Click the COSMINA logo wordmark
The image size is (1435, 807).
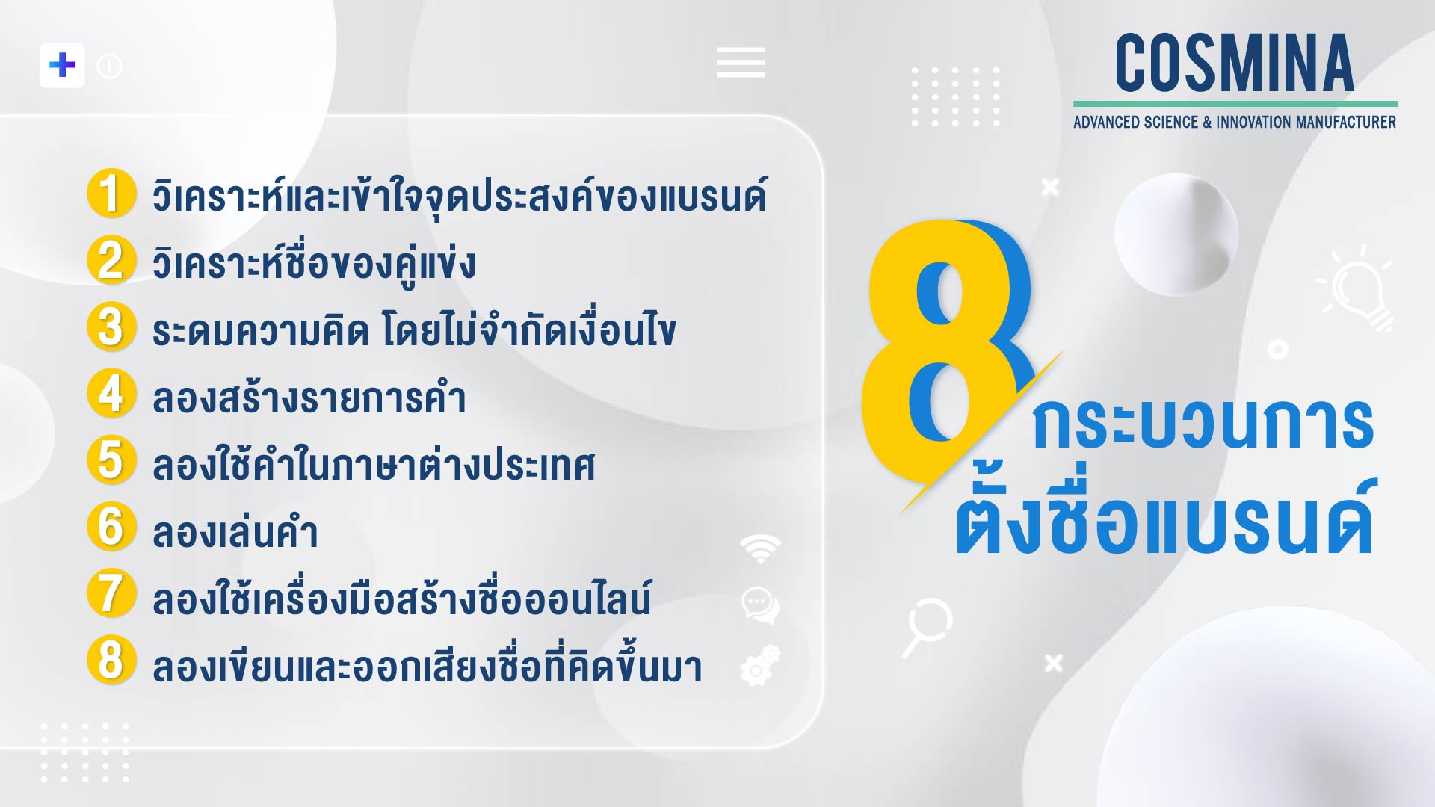[x=1235, y=64]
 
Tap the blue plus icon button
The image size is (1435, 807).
[x=62, y=65]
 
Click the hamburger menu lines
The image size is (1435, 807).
[x=741, y=62]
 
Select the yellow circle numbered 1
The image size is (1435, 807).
[x=111, y=194]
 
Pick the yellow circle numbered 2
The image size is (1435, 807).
[x=111, y=260]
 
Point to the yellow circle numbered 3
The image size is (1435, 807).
[x=111, y=327]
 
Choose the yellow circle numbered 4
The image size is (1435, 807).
[x=111, y=393]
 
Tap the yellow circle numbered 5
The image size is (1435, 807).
[x=111, y=460]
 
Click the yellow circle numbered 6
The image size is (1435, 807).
[x=111, y=526]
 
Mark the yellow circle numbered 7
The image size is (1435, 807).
[x=111, y=593]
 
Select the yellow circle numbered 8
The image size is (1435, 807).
[x=111, y=660]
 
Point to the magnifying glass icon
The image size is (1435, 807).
[x=926, y=626]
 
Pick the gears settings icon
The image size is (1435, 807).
[x=760, y=665]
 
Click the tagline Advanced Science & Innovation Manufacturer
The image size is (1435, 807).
[x=1235, y=122]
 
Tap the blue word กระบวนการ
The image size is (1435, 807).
[x=1203, y=424]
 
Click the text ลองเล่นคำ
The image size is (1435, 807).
[x=235, y=532]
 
